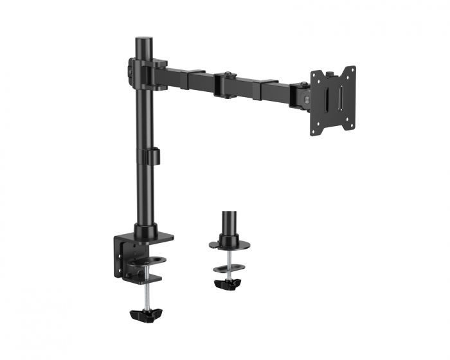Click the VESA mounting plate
tap(334, 101)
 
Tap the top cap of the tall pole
tap(142, 41)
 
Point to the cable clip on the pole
tap(153, 156)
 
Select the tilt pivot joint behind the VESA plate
tap(301, 94)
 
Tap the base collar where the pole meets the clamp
tap(145, 230)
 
